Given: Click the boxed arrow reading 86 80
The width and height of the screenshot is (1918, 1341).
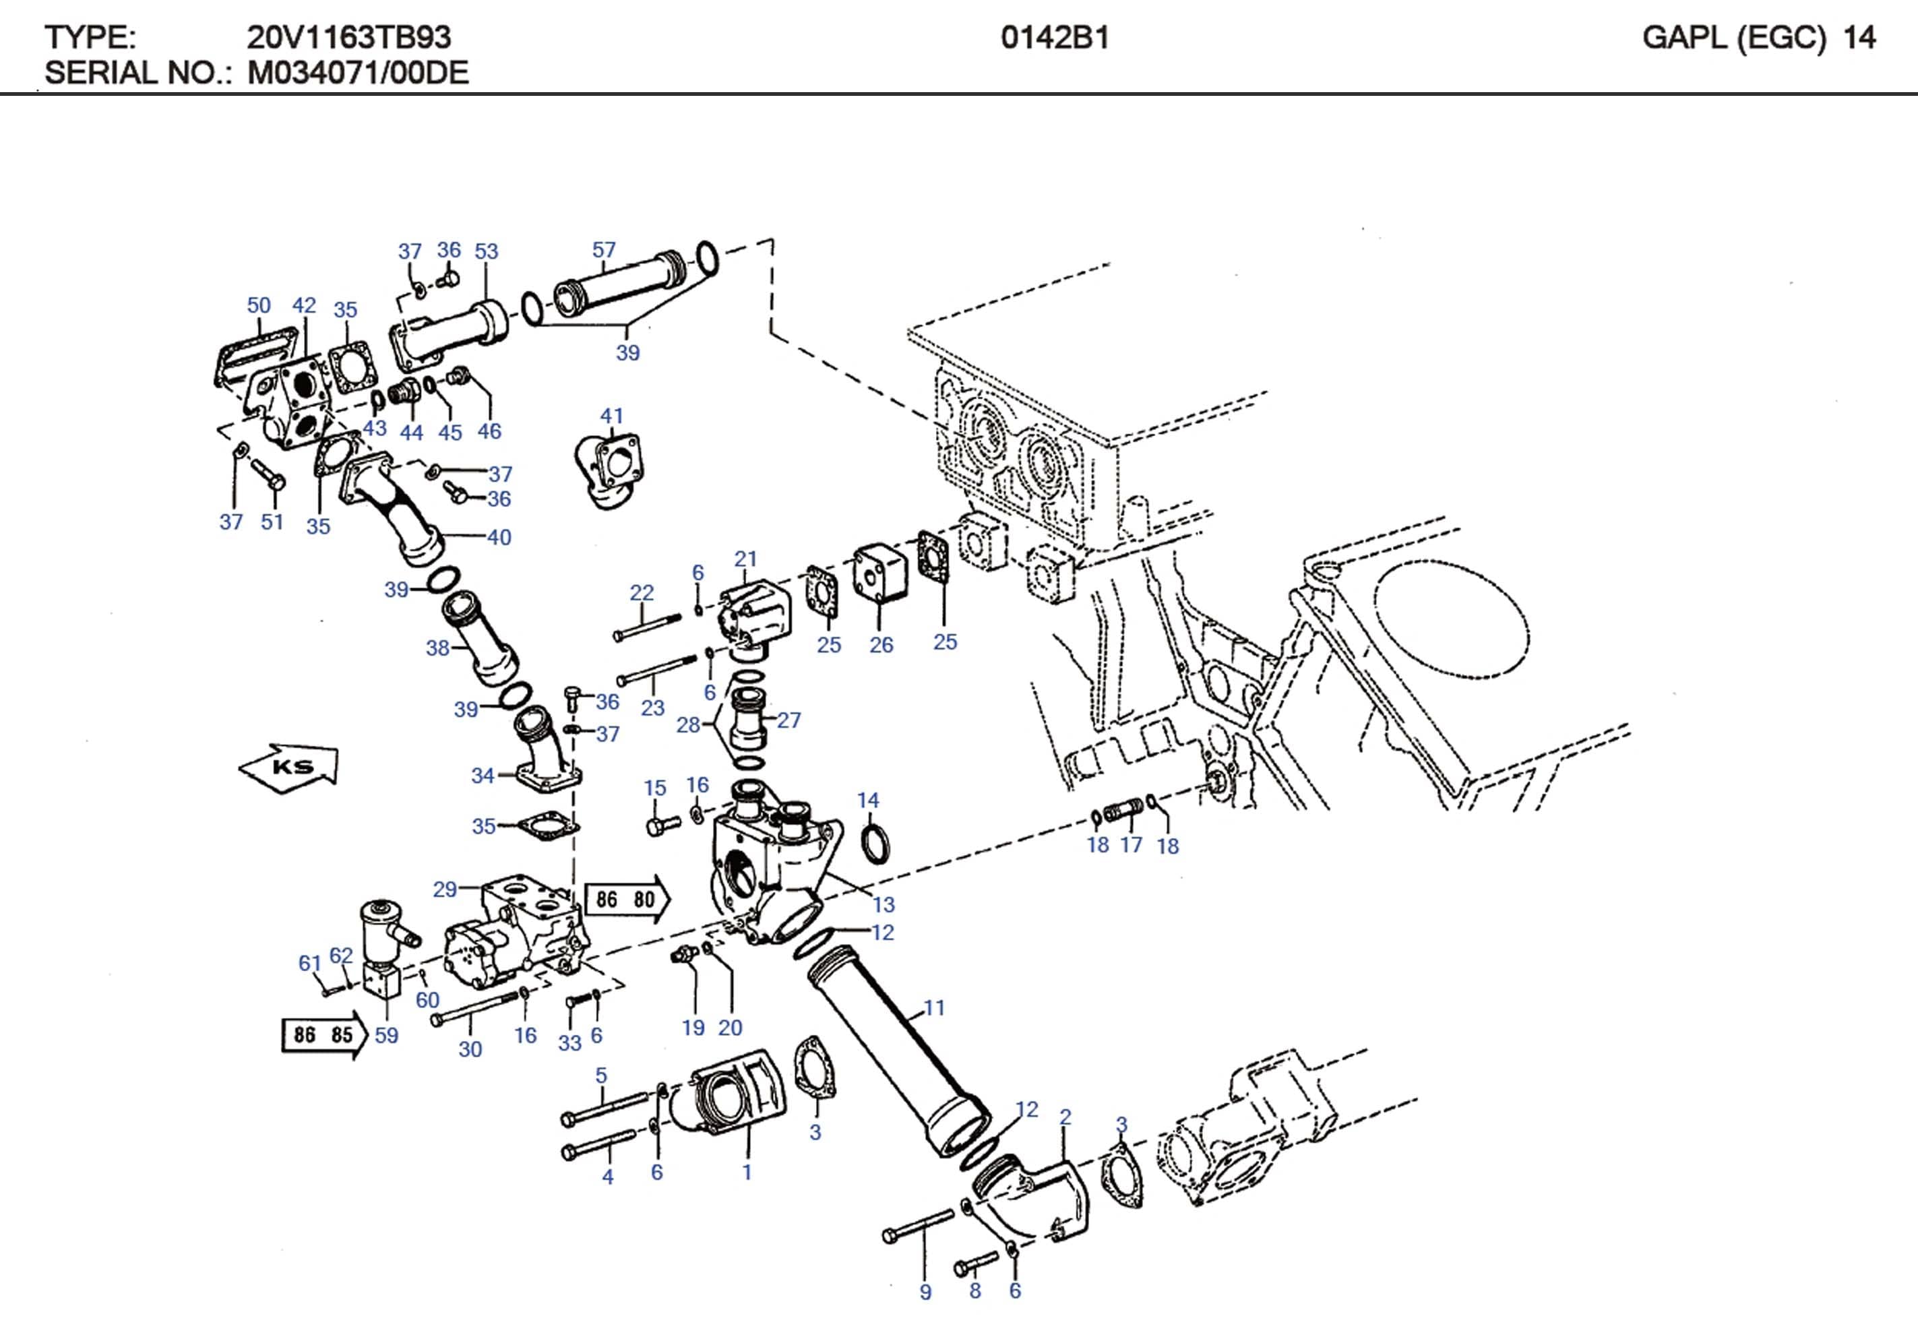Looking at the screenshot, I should pyautogui.click(x=627, y=899).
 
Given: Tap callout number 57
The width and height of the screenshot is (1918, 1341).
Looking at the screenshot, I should pyautogui.click(x=603, y=250).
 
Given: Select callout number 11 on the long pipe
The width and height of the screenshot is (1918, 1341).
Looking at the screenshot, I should pyautogui.click(x=934, y=1007).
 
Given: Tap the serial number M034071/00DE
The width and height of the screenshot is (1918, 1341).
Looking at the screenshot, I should pyautogui.click(x=358, y=73).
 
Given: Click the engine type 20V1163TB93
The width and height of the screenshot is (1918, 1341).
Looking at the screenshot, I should pyautogui.click(x=348, y=38).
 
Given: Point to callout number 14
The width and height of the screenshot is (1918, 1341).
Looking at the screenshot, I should pyautogui.click(x=868, y=800).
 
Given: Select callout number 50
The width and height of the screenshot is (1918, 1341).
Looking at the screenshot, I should pyautogui.click(x=259, y=305).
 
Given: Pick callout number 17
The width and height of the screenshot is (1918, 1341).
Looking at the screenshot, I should pyautogui.click(x=1130, y=845).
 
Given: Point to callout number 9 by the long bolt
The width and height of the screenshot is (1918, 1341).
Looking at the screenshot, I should pyautogui.click(x=925, y=1292).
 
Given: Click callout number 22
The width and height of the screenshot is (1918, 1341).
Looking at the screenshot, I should pyautogui.click(x=641, y=592).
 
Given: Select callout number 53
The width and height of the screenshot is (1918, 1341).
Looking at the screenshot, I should pyautogui.click(x=486, y=251).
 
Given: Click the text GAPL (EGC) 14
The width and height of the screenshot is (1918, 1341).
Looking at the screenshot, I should pyautogui.click(x=1758, y=38).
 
